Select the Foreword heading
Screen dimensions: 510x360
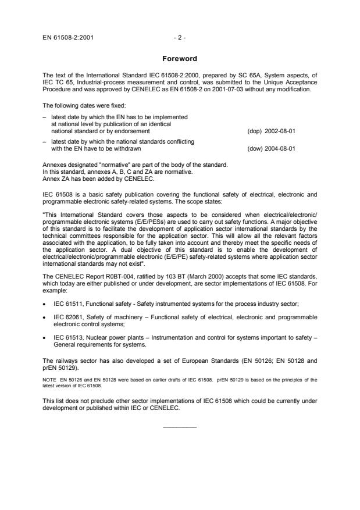180,59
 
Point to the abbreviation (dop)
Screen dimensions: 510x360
254,131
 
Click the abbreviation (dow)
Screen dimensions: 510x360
254,148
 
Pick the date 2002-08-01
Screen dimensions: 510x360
281,131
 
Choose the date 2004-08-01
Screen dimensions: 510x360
281,148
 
